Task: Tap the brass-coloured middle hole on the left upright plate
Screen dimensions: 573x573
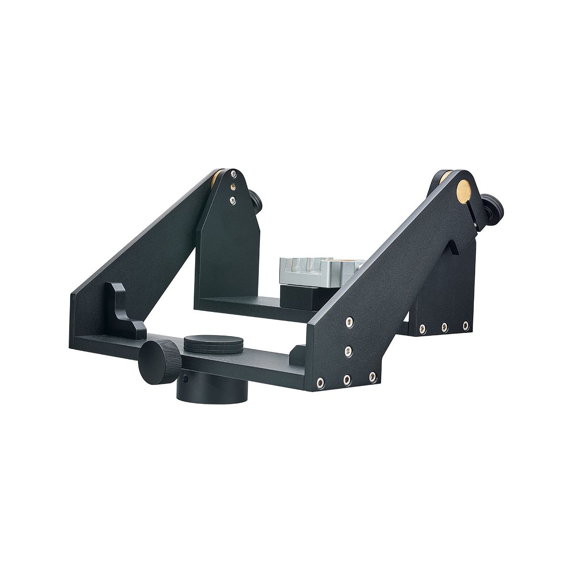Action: tap(232, 186)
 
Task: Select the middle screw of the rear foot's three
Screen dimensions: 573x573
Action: tap(444, 327)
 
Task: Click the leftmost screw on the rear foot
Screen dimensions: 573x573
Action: tap(422, 327)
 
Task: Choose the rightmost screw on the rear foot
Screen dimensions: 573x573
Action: tap(465, 326)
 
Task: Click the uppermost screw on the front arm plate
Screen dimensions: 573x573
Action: tap(350, 320)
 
